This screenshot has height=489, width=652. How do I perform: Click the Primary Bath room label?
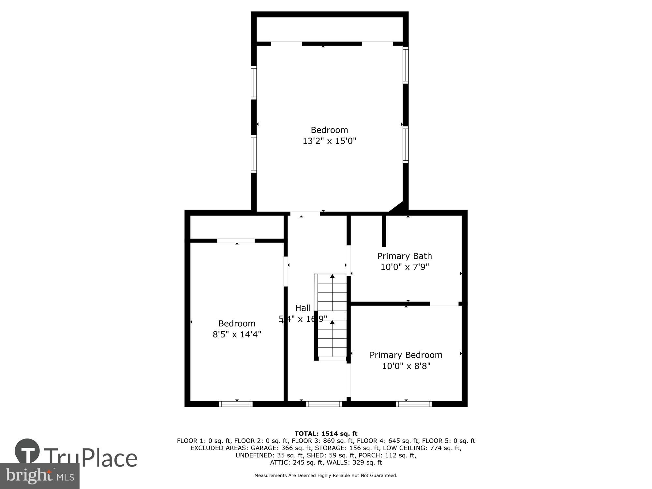coord(405,256)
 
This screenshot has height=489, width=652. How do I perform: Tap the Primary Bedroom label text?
coord(406,355)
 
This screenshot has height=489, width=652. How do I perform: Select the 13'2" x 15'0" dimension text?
coord(329,141)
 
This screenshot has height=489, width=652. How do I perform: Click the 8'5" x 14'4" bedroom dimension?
coord(237,334)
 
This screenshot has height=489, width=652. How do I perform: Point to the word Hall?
coord(303,308)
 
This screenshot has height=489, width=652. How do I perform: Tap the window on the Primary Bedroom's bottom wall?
coord(414,404)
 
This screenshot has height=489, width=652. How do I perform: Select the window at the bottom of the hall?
coord(324,404)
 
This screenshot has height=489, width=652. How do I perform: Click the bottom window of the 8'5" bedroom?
coord(236,404)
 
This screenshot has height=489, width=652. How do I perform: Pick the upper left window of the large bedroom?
coord(254,82)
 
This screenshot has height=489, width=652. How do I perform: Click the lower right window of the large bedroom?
coord(406,144)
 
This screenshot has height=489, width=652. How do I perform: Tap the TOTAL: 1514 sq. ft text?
coord(326,434)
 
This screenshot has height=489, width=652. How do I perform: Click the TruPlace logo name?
coord(91,458)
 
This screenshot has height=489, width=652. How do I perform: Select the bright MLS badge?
coord(39,476)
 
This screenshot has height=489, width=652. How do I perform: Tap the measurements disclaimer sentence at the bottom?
coord(326,476)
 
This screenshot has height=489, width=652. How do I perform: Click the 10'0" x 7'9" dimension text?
coord(405,267)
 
